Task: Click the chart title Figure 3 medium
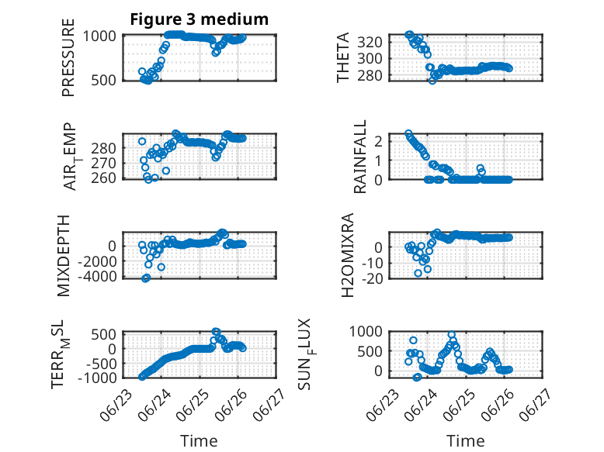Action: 200,19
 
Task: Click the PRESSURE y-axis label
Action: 68,57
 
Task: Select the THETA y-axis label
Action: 343,57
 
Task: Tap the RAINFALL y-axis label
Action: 359,157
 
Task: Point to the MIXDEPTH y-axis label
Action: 64,256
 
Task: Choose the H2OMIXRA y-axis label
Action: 348,255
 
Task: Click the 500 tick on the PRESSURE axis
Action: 103,81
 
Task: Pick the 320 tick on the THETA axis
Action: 370,42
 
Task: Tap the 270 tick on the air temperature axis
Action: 103,163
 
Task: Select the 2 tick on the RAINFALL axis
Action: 378,141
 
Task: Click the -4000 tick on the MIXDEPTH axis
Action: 97,276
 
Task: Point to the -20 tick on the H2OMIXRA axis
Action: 373,278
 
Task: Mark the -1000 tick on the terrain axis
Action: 97,378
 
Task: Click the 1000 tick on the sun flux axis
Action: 366,331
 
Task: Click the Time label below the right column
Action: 465,441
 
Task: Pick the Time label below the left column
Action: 200,441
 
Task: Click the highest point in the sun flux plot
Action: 452,335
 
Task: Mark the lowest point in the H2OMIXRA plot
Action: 418,273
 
